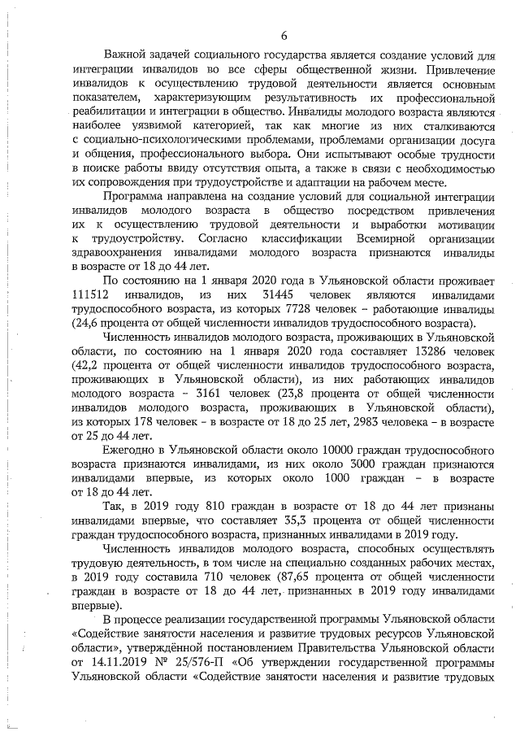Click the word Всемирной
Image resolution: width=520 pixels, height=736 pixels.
(379, 237)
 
